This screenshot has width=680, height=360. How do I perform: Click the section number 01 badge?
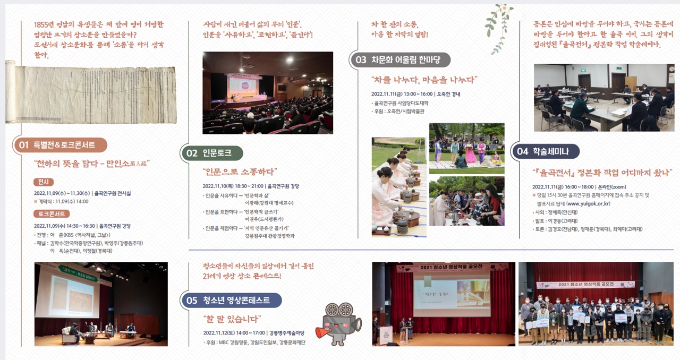click(23, 145)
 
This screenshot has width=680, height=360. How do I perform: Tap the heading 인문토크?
click(217, 153)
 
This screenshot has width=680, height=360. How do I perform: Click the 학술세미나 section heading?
click(551, 151)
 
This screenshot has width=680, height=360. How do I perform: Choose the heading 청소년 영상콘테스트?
click(236, 301)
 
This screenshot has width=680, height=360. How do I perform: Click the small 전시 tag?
click(43, 182)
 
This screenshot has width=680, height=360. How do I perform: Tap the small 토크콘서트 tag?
click(52, 214)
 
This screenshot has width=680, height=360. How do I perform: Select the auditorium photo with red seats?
click(268, 92)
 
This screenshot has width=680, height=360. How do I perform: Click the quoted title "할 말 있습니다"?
click(232, 319)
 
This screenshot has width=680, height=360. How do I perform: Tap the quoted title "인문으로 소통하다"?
click(240, 172)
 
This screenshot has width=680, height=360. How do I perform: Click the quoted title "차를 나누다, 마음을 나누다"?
click(424, 80)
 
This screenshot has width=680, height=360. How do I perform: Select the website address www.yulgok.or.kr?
click(588, 203)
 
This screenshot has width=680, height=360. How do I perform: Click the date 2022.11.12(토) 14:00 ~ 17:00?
click(234, 333)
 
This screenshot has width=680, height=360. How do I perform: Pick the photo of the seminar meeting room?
click(603, 98)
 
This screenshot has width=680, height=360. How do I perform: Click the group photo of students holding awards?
click(596, 304)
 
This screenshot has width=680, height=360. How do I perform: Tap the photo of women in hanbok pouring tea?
click(398, 187)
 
